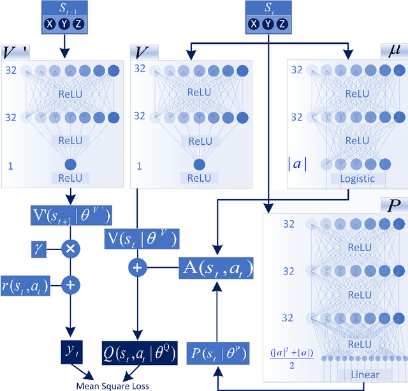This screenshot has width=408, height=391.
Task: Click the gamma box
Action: pyautogui.click(x=38, y=247)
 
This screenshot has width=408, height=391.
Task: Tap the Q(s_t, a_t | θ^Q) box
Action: pyautogui.click(x=140, y=351)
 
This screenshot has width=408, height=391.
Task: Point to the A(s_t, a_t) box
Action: pyautogui.click(x=216, y=269)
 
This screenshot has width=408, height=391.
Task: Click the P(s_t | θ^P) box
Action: pyautogui.click(x=217, y=352)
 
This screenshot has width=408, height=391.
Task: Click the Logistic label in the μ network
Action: pyautogui.click(x=358, y=179)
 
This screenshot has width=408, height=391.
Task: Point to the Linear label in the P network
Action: pyautogui.click(x=361, y=374)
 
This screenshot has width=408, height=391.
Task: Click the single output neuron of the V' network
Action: pyautogui.click(x=70, y=164)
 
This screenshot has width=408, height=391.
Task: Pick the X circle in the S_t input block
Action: pyautogui.click(x=254, y=24)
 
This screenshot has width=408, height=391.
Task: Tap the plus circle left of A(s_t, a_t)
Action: pyautogui.click(x=138, y=268)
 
